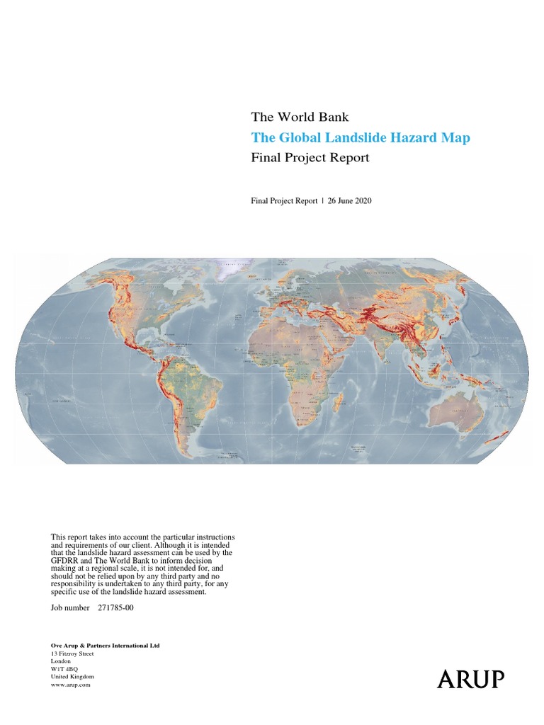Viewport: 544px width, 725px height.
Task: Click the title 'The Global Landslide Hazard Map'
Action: (x=361, y=138)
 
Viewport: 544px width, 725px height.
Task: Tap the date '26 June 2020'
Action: (x=350, y=200)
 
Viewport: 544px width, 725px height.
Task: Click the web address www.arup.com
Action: (x=70, y=685)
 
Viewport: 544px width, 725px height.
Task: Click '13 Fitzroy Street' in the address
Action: (x=72, y=653)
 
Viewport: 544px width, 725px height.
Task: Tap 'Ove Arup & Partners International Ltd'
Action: (x=109, y=646)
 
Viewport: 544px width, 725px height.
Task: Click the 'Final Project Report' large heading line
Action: (x=310, y=158)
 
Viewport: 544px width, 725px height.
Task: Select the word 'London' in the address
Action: (x=60, y=661)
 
